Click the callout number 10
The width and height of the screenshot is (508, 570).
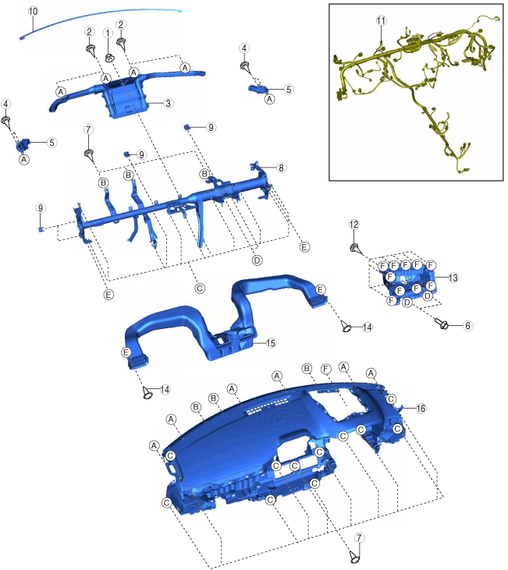click(33, 11)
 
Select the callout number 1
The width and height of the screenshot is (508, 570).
click(108, 33)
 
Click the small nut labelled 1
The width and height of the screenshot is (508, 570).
click(108, 58)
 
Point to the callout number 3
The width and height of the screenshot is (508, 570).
click(168, 103)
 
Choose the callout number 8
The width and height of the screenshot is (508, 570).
click(281, 168)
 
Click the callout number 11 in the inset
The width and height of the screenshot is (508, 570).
click(381, 20)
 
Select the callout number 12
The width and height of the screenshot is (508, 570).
click(353, 225)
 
